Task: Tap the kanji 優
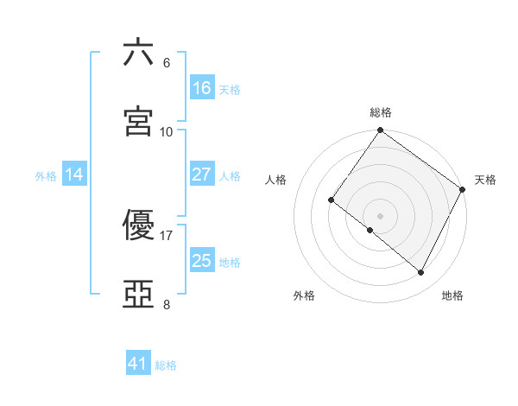(138, 225)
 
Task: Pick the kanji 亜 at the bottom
(138, 295)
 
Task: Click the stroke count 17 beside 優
(167, 235)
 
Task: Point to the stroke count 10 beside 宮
(167, 131)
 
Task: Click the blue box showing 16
(202, 88)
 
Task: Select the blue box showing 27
(202, 174)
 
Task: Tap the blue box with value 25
(202, 261)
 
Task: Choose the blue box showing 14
(74, 174)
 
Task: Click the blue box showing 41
(138, 364)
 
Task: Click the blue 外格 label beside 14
(46, 175)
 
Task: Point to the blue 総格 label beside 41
(166, 365)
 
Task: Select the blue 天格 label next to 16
(230, 89)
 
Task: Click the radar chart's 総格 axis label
(381, 112)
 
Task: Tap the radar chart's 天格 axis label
(485, 180)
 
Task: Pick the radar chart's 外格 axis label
(304, 295)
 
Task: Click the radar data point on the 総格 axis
(380, 131)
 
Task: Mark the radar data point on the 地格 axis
(421, 273)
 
